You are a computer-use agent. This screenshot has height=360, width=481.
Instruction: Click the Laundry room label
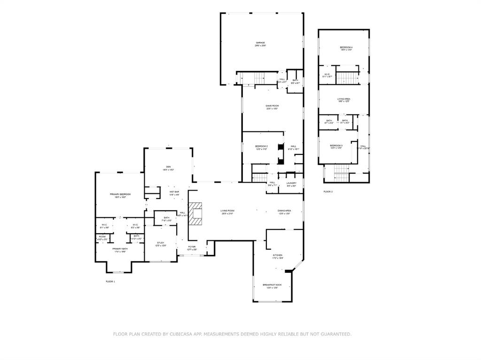click(x=291, y=184)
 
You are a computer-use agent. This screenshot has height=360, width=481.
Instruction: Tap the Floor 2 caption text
click(x=328, y=192)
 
